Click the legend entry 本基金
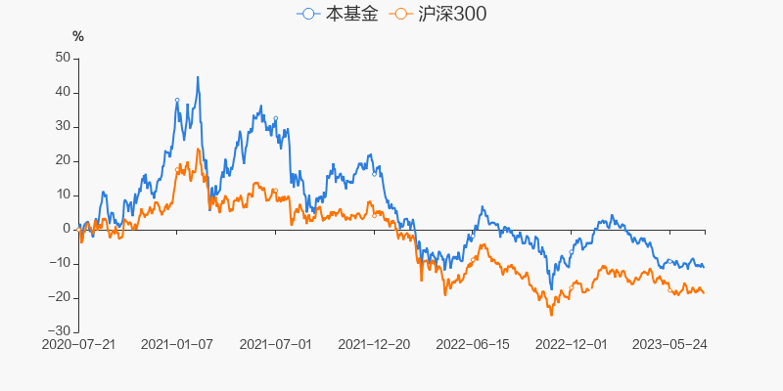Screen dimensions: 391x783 [x=338, y=15]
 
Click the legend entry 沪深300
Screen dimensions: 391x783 [x=438, y=15]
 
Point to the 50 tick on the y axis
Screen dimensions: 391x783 [x=63, y=58]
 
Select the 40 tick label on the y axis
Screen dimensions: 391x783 [x=63, y=92]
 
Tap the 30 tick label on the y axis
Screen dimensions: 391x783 [x=63, y=126]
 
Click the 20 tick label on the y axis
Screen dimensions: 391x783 [x=63, y=160]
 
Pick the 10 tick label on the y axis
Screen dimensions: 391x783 [x=63, y=195]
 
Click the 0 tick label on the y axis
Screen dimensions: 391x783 [x=67, y=229]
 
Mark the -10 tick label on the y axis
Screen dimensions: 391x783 [x=60, y=263]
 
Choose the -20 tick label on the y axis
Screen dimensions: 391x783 [x=60, y=297]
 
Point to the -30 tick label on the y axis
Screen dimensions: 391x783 [x=60, y=331]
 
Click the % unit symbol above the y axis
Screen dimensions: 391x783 [x=78, y=36]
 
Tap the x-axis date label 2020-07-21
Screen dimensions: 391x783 [x=78, y=345]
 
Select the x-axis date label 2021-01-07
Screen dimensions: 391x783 [x=177, y=345]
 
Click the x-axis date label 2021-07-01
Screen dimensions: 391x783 [x=276, y=345]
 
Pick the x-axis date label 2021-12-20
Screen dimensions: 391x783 [x=374, y=345]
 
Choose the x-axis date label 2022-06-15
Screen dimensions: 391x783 [x=473, y=345]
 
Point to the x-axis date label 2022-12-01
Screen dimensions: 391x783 [x=572, y=345]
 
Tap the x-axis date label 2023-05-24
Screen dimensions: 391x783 [x=670, y=345]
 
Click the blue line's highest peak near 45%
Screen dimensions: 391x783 [x=198, y=77]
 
